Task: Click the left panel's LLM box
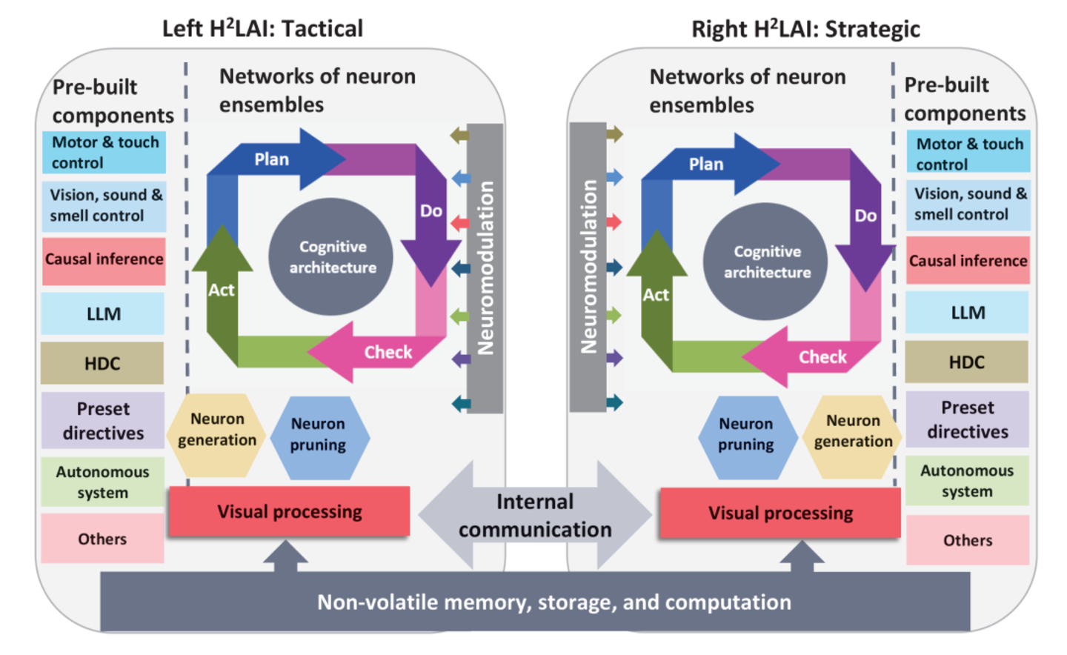103,313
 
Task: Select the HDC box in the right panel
967,362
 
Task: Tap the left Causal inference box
104,259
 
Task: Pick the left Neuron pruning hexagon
318,435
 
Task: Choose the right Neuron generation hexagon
853,431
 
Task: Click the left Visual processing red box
289,511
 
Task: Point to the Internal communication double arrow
535,515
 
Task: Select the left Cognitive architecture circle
332,257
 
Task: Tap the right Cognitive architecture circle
766,262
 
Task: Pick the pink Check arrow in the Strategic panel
815,356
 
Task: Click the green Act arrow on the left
222,290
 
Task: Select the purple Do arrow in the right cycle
865,216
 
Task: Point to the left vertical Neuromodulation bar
485,268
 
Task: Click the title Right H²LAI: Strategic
805,29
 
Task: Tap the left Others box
102,539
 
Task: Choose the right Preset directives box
967,419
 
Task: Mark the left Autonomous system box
102,482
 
